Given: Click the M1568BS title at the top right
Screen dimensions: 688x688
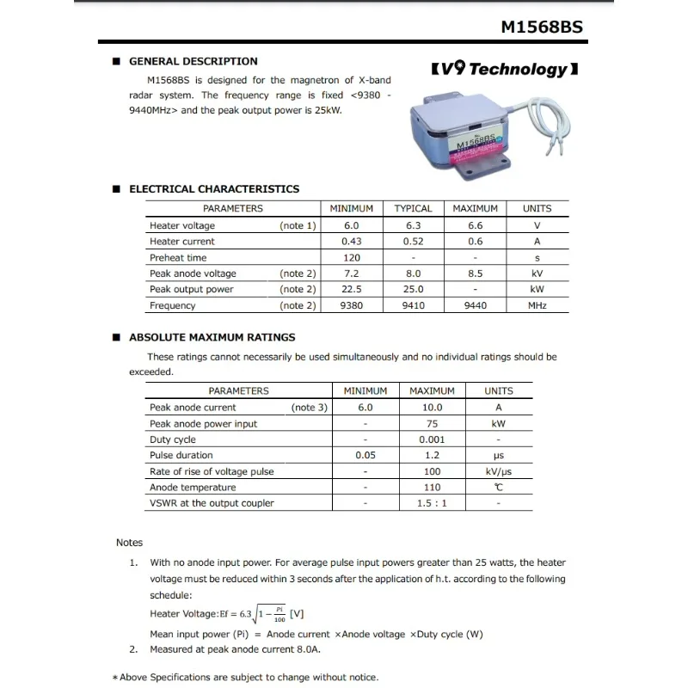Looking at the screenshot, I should click(542, 27).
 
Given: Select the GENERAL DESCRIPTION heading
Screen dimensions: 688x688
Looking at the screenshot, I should click(193, 61).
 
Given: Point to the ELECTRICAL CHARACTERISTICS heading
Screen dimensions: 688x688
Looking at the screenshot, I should click(214, 188).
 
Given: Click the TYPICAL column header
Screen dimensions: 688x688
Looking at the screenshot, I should click(413, 208).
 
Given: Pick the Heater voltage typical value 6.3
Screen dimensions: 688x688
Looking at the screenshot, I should click(413, 225).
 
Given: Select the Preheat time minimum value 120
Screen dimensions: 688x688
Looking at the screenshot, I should click(351, 257).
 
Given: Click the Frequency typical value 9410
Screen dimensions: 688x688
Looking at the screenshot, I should click(413, 305).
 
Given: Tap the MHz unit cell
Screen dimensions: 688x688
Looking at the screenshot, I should click(537, 305).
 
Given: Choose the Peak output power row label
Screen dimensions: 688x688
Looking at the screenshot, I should click(191, 289).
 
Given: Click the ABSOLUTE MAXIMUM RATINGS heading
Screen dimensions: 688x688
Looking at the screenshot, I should click(212, 337).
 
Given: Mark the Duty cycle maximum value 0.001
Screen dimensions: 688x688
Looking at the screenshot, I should click(432, 439).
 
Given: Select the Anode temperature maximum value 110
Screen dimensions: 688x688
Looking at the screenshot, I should click(432, 488).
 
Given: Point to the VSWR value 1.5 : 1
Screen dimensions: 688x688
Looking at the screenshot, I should click(432, 503).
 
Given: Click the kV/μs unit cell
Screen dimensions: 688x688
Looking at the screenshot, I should click(499, 471).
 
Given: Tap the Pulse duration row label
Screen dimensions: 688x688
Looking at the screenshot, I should click(181, 455).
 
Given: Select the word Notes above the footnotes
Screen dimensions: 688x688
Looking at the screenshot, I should click(130, 543).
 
